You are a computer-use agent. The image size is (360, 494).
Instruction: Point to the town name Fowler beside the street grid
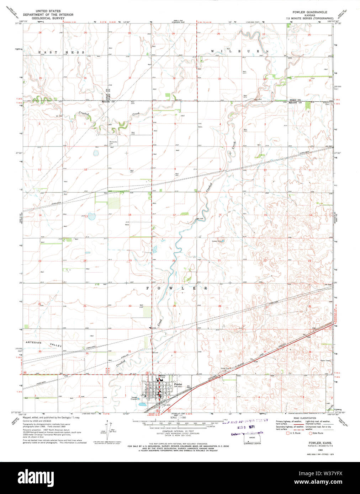178,384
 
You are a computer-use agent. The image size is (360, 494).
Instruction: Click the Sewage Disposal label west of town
134,398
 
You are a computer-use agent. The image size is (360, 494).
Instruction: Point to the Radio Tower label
325,360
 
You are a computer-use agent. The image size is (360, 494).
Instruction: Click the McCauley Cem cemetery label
113,142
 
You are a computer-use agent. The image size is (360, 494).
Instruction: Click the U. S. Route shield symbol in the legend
288,433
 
